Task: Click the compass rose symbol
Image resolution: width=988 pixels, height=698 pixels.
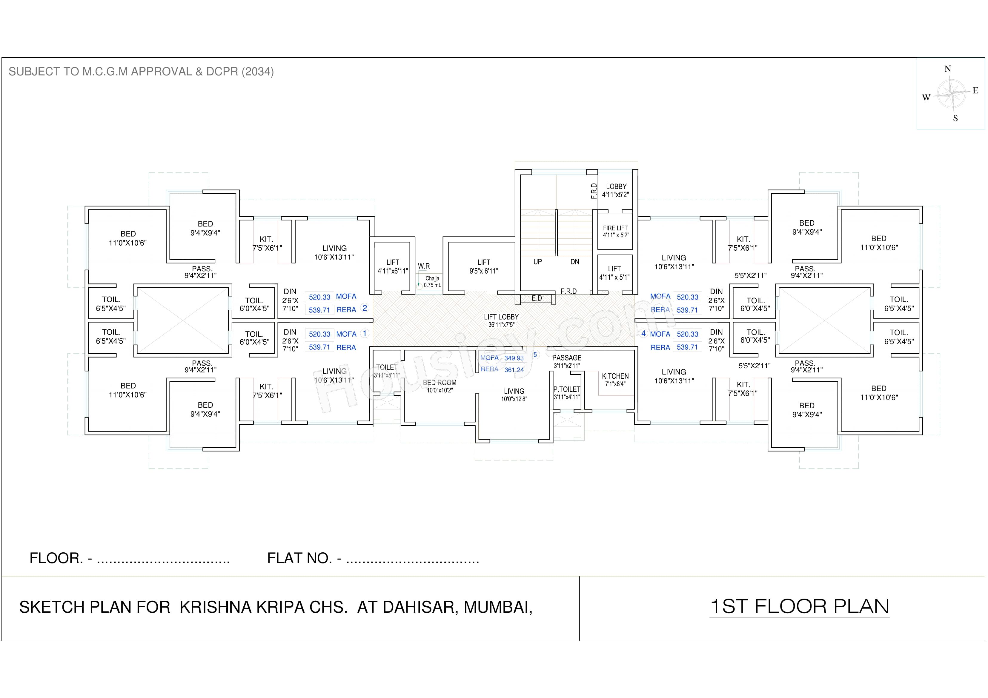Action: [951, 93]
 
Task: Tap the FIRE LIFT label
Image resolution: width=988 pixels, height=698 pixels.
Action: [615, 231]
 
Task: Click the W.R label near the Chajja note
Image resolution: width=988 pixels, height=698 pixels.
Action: [424, 266]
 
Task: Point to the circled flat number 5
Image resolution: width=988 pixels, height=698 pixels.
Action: [535, 355]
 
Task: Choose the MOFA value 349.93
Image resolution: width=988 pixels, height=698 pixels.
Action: [514, 358]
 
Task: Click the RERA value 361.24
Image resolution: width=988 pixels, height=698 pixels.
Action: [514, 370]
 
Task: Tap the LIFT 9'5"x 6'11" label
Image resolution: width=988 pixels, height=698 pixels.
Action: [484, 266]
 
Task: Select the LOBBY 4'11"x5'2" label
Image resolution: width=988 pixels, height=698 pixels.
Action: [616, 190]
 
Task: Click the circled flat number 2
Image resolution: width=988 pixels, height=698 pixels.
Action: [365, 308]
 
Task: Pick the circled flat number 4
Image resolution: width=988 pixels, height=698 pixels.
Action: [643, 334]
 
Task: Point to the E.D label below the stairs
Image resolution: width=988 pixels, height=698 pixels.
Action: [537, 298]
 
